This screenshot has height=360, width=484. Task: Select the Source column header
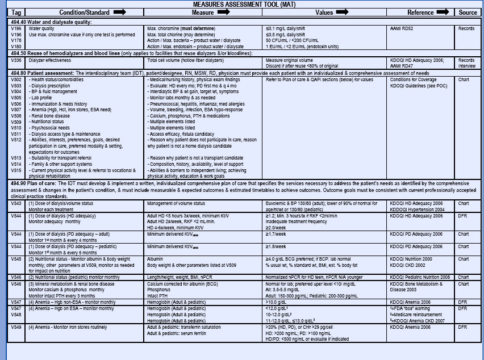(x=468, y=12)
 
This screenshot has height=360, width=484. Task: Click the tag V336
(x=16, y=60)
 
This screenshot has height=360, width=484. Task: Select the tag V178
(x=16, y=39)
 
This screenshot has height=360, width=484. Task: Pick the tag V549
(x=16, y=328)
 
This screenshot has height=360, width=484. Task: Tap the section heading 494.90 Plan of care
(x=37, y=183)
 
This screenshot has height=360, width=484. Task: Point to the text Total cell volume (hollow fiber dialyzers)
(x=182, y=60)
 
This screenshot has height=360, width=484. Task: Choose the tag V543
(x=16, y=203)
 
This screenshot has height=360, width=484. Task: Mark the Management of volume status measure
(x=176, y=203)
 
